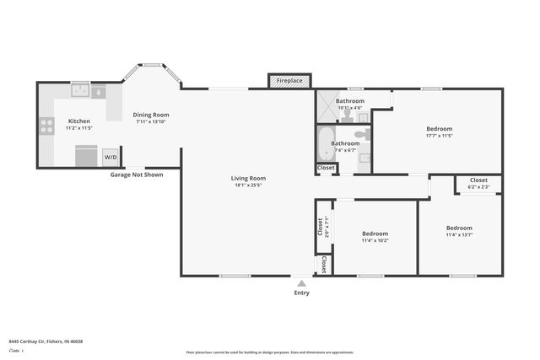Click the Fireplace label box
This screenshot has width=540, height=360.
coord(289,81)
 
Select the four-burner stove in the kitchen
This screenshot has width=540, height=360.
coord(46,126)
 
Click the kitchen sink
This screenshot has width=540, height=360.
coord(80,90)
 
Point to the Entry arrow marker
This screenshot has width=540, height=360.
coord(301,283)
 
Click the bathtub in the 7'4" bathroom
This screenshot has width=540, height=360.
coord(326,142)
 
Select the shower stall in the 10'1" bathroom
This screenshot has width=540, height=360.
coord(326,105)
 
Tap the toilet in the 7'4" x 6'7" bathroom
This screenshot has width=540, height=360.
coord(362,133)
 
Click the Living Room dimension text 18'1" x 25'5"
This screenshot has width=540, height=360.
coord(249,185)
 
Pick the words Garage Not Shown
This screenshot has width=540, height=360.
coord(135,175)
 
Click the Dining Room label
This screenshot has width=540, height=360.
coord(151,115)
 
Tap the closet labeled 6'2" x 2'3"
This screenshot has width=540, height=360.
coord(478,184)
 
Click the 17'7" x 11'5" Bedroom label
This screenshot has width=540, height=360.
coord(439,132)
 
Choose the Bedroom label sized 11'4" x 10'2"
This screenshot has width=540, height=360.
coord(375,237)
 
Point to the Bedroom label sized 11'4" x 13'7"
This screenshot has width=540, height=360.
coord(459,232)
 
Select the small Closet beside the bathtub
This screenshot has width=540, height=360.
coord(325,168)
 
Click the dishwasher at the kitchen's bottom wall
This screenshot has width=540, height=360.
coord(86,156)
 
